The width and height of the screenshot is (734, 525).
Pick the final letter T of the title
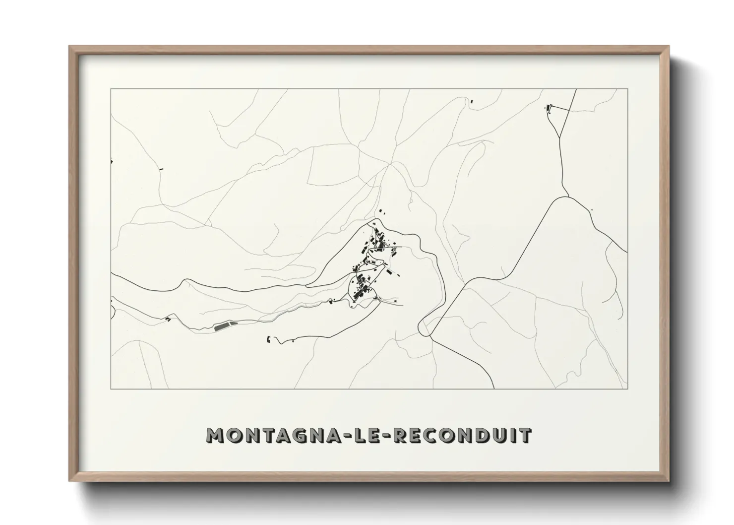[x=525, y=435]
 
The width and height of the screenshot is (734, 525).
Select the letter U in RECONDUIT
[x=502, y=435]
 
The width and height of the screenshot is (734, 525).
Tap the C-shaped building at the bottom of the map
[x=269, y=339]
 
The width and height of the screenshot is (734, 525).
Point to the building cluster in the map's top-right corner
[x=549, y=108]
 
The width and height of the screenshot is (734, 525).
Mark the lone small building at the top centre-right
[x=472, y=102]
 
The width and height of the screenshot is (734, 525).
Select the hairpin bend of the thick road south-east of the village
[x=421, y=327]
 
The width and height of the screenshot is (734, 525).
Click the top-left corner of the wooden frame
[x=70, y=47]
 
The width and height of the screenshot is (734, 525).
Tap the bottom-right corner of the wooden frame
[x=669, y=481]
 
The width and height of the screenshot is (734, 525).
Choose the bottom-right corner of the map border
[x=627, y=389]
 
